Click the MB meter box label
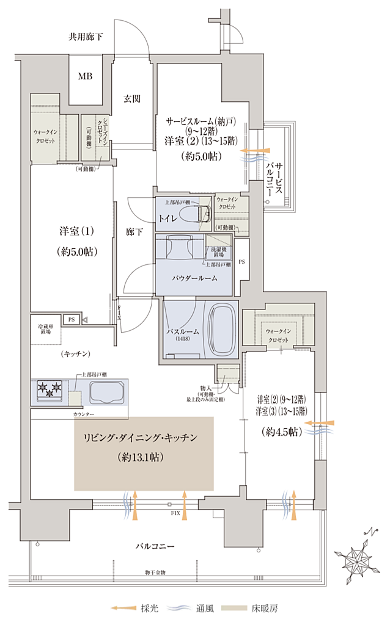tap(85, 76)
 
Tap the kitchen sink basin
tap(106, 391)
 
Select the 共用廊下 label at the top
tap(85, 37)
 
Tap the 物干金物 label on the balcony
tap(155, 573)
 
